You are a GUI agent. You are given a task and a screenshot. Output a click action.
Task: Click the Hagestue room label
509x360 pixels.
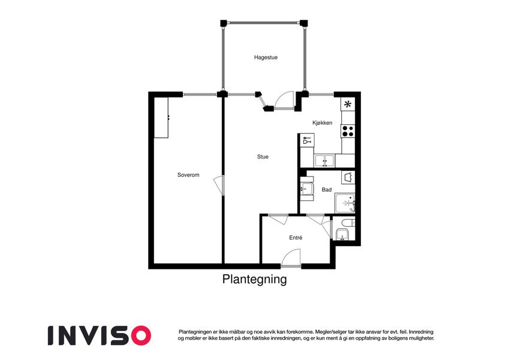point(266,58)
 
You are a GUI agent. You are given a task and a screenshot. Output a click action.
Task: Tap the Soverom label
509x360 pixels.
point(188,175)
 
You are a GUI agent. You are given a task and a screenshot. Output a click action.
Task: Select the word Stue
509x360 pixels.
point(263,157)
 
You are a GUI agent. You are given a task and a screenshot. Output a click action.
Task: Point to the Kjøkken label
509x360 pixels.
point(323,123)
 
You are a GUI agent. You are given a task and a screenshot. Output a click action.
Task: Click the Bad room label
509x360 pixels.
point(327,190)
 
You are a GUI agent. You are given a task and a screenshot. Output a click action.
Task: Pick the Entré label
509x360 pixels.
point(296,238)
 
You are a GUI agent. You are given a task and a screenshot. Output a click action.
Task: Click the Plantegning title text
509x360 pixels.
point(254,280)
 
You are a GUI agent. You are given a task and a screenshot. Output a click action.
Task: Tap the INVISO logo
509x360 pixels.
point(100,335)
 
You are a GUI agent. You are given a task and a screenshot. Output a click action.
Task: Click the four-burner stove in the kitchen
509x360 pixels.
point(348,131)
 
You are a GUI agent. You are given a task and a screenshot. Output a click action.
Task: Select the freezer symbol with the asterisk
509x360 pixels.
point(348,104)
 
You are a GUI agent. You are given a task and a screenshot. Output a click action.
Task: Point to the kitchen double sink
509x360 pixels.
point(324,161)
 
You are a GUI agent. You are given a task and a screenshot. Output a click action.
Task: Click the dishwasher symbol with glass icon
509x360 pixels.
point(307,140)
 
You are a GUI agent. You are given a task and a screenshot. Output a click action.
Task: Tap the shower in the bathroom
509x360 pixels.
point(345,203)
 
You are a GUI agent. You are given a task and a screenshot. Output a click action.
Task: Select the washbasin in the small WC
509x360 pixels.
point(342,234)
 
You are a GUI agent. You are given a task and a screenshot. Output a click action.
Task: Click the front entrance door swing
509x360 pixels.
point(291,259)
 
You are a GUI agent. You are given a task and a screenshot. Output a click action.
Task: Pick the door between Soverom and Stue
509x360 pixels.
point(219,185)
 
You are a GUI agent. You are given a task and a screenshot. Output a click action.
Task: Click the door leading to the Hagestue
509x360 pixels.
point(284,100)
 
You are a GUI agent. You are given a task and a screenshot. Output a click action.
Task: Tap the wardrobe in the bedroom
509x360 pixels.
point(161,118)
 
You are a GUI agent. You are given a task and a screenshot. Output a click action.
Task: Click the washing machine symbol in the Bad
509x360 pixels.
point(348,178)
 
